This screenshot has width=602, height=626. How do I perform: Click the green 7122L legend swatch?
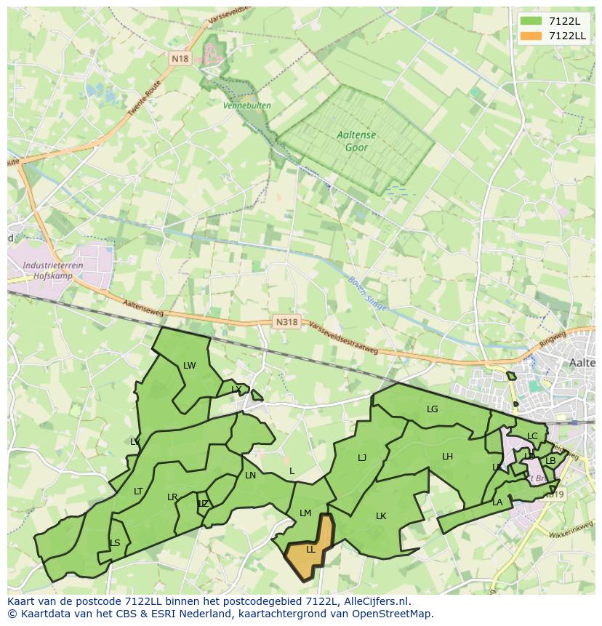point(531,21)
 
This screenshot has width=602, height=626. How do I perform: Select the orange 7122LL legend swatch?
point(531,36)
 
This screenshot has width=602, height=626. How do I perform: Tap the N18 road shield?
point(180,58)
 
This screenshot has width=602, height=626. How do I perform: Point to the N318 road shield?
point(287,321)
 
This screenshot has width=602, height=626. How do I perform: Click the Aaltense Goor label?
point(353,141)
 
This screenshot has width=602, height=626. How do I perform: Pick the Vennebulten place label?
point(248,105)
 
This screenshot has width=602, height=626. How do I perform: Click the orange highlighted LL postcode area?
point(310,550)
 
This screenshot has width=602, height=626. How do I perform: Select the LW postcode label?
point(190,366)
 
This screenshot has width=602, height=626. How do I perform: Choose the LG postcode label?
point(433,409)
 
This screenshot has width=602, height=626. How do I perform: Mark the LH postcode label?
point(447,457)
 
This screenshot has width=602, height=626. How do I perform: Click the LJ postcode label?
point(362,458)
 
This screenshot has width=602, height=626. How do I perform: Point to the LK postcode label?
point(381,516)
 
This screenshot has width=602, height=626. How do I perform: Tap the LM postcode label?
point(305,513)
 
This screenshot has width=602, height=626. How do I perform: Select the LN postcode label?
point(251,475)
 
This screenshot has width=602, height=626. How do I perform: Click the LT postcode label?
point(138,491)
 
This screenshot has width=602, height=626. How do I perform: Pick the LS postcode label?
point(115,543)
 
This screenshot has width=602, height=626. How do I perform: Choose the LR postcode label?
point(172,497)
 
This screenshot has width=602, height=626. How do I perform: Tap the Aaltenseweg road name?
point(144,309)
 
